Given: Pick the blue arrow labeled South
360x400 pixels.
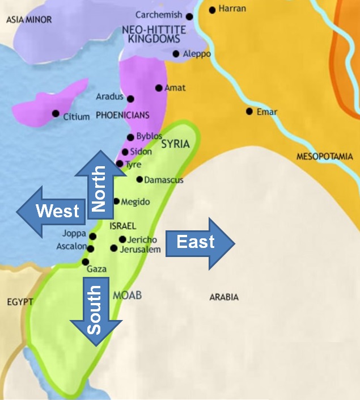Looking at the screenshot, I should click(96, 312).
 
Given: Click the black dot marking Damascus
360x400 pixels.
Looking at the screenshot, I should click(139, 179).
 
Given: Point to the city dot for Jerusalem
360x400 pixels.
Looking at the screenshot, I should click(114, 249).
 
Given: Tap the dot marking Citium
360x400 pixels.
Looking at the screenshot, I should click(56, 113).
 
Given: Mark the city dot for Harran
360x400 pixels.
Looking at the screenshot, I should click(213, 10).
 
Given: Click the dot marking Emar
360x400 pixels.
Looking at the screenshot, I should click(249, 111).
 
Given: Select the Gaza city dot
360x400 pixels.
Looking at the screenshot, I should click(86, 262).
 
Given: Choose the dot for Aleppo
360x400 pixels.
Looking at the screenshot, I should click(176, 54).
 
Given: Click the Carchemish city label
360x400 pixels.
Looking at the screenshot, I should click(159, 15).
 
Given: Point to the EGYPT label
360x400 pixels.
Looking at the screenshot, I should click(20, 302).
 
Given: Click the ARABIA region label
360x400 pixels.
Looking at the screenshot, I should click(224, 297).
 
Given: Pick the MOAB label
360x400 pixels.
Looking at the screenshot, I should click(127, 295).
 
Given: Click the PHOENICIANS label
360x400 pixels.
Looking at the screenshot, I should click(122, 115).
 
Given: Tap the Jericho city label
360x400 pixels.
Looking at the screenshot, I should click(142, 239).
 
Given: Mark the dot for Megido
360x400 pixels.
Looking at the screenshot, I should click(117, 201).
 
